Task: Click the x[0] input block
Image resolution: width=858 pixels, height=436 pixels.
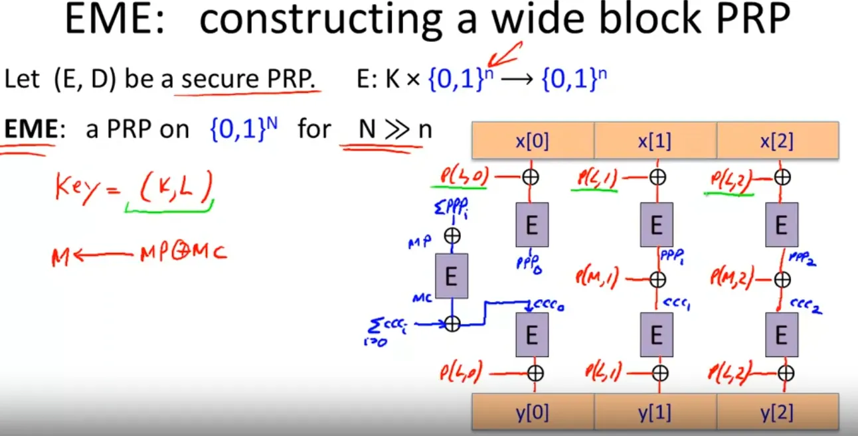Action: point(533,141)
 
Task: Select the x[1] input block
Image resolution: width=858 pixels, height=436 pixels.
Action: point(655,141)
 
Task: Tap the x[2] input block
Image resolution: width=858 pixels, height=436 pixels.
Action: point(777,141)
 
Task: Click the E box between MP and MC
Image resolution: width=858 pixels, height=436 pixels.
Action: point(452,275)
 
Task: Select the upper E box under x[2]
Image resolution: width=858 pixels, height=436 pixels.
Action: point(782,225)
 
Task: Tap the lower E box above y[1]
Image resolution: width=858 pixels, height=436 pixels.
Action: point(657,335)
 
